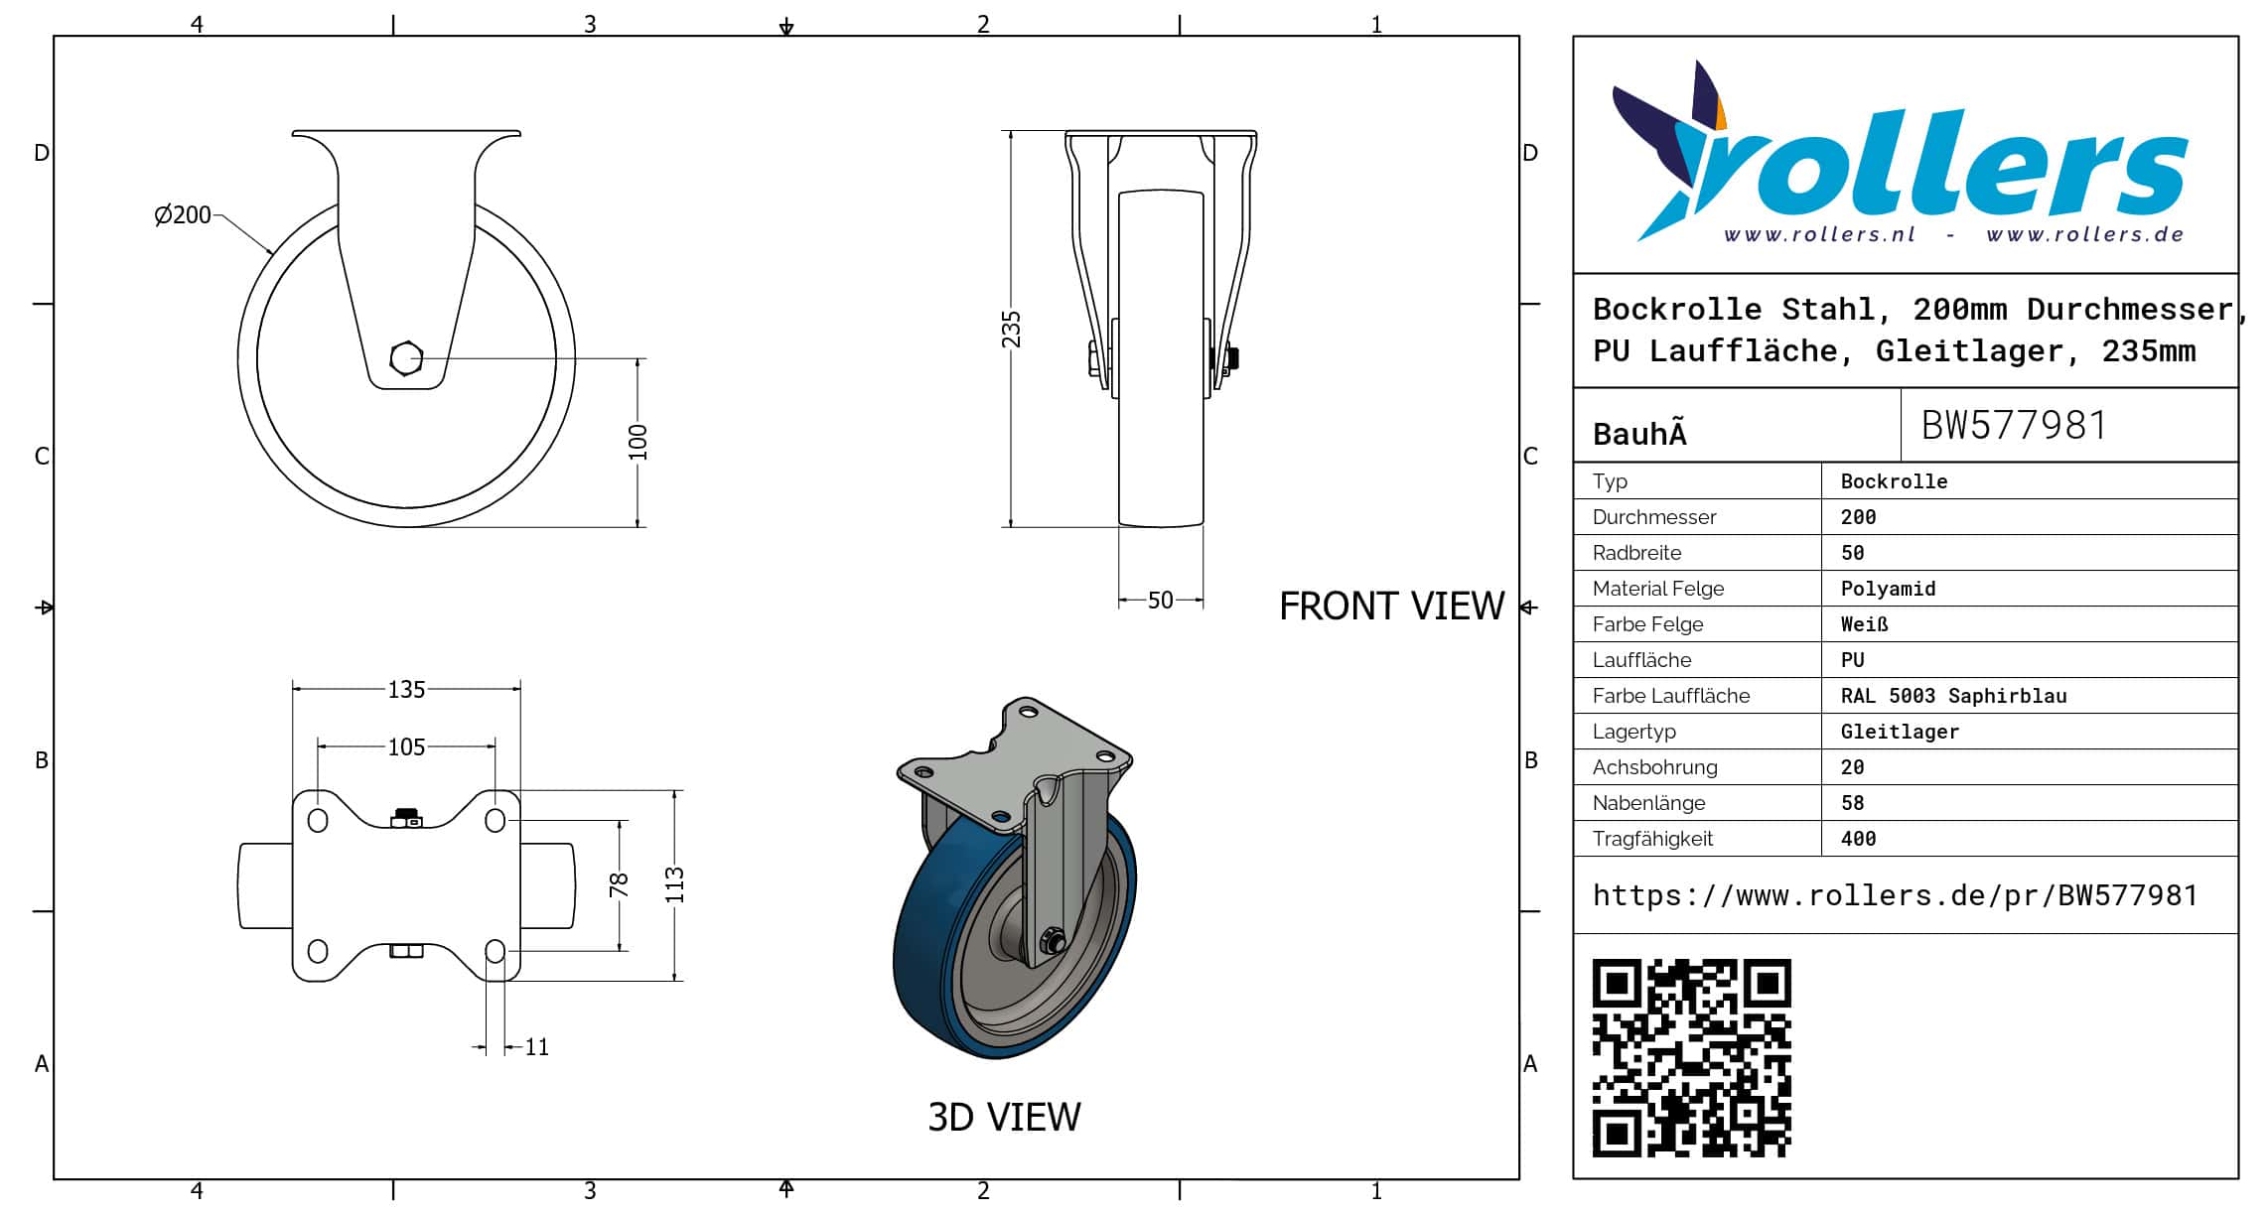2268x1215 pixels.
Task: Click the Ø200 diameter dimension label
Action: (183, 214)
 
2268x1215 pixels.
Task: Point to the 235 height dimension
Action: (1011, 330)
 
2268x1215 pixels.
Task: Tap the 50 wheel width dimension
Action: (1160, 601)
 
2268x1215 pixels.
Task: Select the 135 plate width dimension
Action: (406, 689)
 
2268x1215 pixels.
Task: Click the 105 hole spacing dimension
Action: (406, 746)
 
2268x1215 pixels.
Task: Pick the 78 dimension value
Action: (619, 883)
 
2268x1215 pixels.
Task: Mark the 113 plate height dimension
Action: (675, 884)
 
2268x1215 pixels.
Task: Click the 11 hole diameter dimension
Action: (536, 1047)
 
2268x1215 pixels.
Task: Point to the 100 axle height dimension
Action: (638, 443)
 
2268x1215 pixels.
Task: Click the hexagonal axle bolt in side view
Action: (406, 358)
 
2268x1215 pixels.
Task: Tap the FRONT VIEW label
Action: (1391, 606)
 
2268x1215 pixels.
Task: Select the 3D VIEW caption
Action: (1004, 1117)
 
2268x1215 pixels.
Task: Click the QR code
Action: (1691, 1058)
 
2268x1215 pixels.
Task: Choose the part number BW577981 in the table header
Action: (2014, 425)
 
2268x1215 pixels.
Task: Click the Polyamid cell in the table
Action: (1888, 589)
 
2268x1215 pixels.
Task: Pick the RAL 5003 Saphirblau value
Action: (1953, 696)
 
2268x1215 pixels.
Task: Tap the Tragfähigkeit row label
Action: (1652, 839)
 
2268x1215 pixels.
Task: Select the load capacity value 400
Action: (1858, 839)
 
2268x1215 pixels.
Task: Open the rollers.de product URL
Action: (1895, 895)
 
